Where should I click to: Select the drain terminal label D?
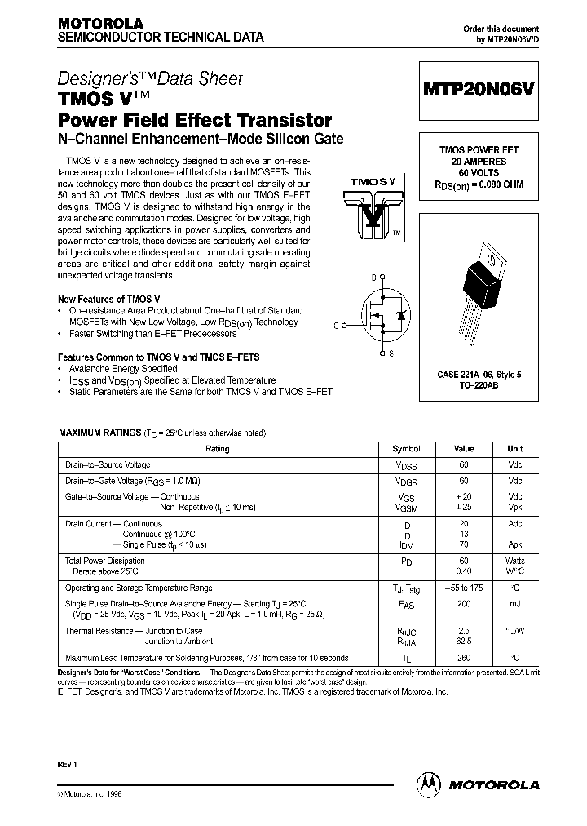point(373,278)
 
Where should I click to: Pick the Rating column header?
point(218,449)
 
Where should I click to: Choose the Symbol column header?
point(406,449)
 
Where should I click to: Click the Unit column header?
point(515,449)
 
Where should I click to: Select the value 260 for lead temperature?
point(463,658)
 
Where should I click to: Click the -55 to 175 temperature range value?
point(463,588)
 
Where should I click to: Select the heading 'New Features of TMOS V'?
point(108,300)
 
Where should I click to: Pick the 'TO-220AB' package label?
point(479,385)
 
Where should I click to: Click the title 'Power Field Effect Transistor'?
point(195,120)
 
